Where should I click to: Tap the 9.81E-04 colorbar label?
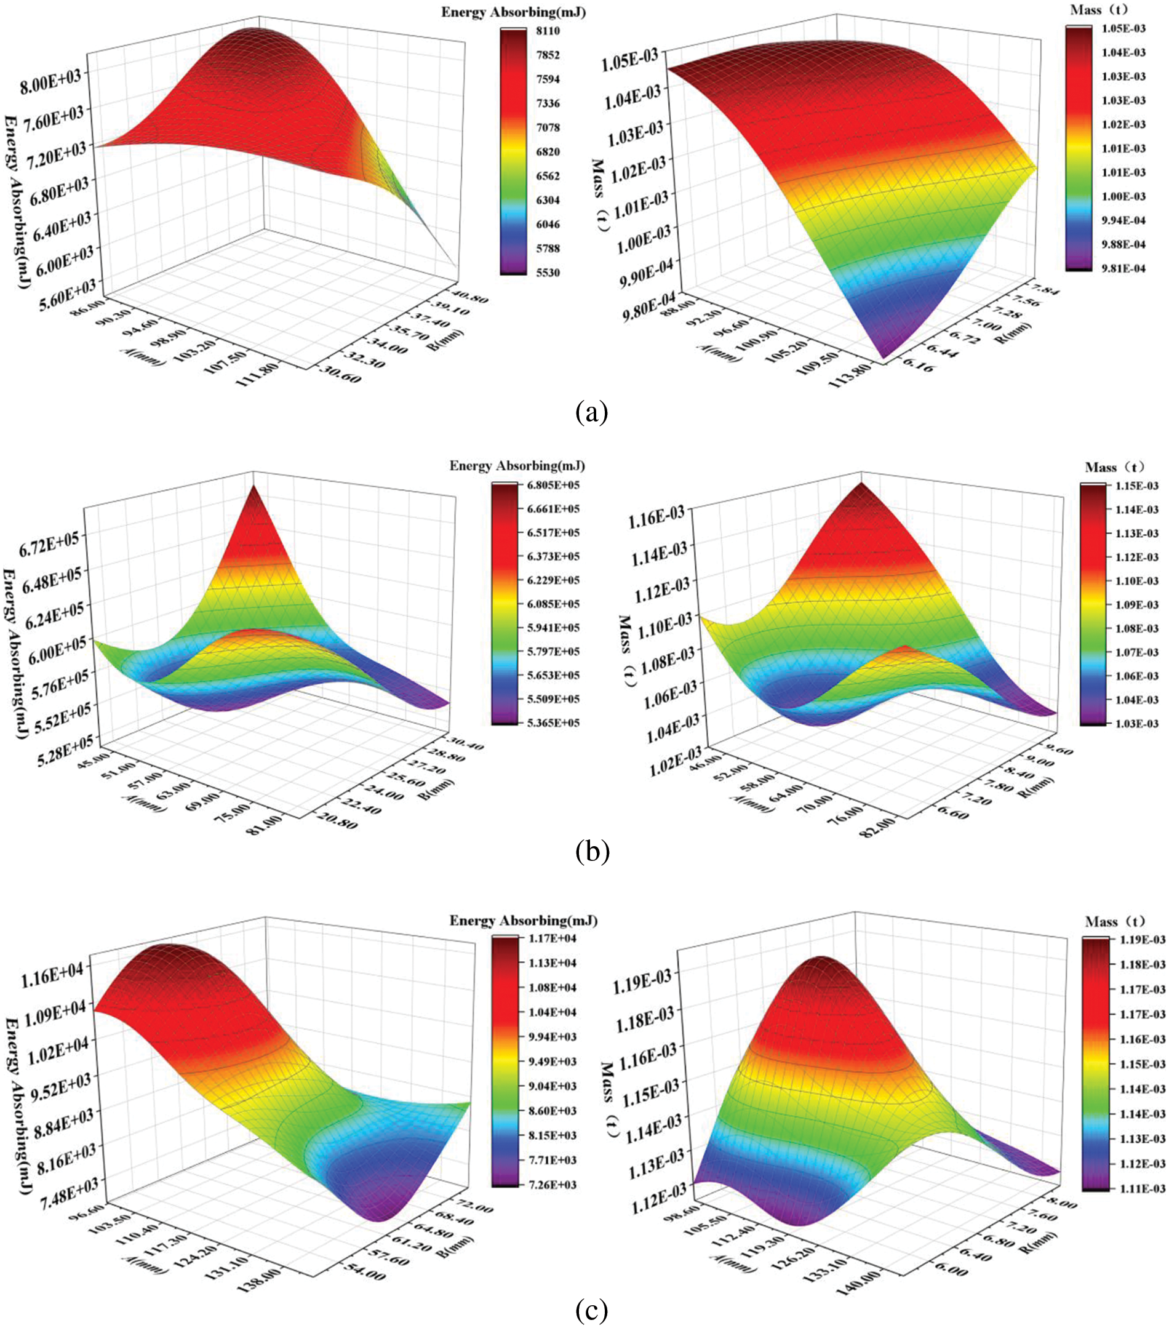pyautogui.click(x=1121, y=268)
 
